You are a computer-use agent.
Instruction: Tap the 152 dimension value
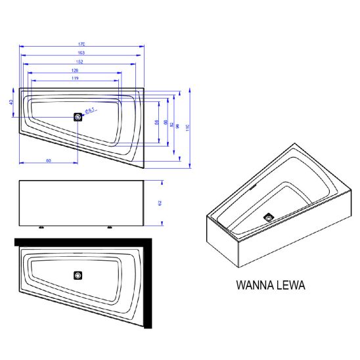click(79, 61)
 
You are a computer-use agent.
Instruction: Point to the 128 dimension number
click(75, 70)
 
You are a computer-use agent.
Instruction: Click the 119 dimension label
click(75, 78)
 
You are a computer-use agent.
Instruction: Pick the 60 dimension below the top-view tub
click(49, 160)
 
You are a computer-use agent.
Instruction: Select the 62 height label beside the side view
click(160, 204)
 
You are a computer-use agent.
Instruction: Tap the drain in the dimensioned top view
click(79, 117)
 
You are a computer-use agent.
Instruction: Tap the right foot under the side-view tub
click(109, 227)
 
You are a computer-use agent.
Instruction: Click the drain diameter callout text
click(91, 111)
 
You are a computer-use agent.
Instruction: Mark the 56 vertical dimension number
click(156, 122)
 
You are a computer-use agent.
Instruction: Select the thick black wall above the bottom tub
click(79, 242)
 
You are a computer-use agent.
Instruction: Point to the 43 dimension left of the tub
click(11, 102)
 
